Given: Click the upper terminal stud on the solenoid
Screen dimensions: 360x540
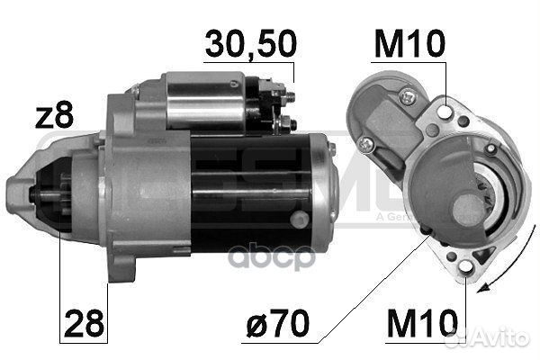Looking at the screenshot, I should (x=286, y=92).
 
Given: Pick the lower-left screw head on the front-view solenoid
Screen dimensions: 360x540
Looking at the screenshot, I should (x=364, y=144).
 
